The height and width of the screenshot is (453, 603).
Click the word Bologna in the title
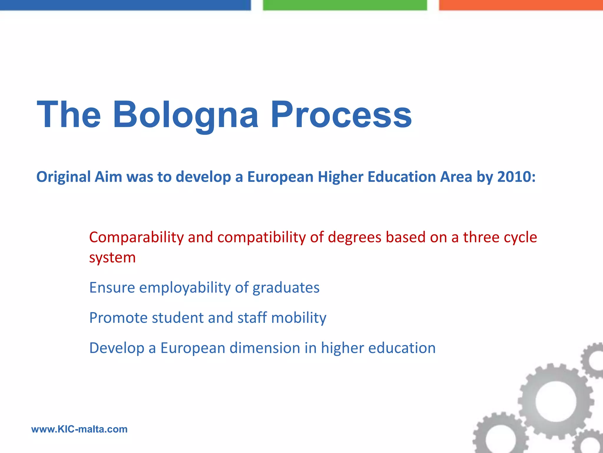(185, 115)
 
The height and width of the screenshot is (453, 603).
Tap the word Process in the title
(341, 115)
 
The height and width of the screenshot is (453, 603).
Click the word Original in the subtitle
(63, 177)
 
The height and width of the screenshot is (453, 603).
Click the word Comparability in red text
(136, 238)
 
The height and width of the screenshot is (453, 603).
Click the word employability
(185, 288)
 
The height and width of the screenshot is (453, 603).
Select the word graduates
(286, 288)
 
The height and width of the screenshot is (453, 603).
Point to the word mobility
(299, 318)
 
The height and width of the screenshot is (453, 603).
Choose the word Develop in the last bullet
(117, 348)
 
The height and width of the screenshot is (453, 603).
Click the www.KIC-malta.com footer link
(79, 429)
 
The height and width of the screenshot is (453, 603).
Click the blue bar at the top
(125, 5)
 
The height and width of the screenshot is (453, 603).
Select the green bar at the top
(344, 5)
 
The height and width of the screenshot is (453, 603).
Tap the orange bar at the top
(521, 5)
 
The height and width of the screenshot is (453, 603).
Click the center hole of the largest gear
(555, 401)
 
